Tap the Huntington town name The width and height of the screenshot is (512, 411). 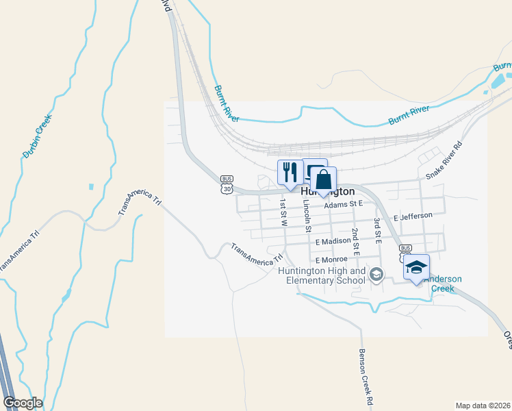pos(328,192)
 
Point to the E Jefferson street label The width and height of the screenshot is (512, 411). pos(413,216)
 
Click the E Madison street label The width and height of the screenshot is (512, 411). pos(333,242)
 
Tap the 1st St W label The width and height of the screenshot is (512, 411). pos(283,213)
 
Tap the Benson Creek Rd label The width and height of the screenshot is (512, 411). pos(363,375)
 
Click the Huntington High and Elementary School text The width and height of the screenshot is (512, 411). pos(322,275)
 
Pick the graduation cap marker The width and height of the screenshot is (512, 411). pos(416,267)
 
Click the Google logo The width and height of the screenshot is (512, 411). pos(22,403)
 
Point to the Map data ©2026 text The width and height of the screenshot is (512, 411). pos(482,406)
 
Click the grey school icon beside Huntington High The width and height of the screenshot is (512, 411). pos(376,275)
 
